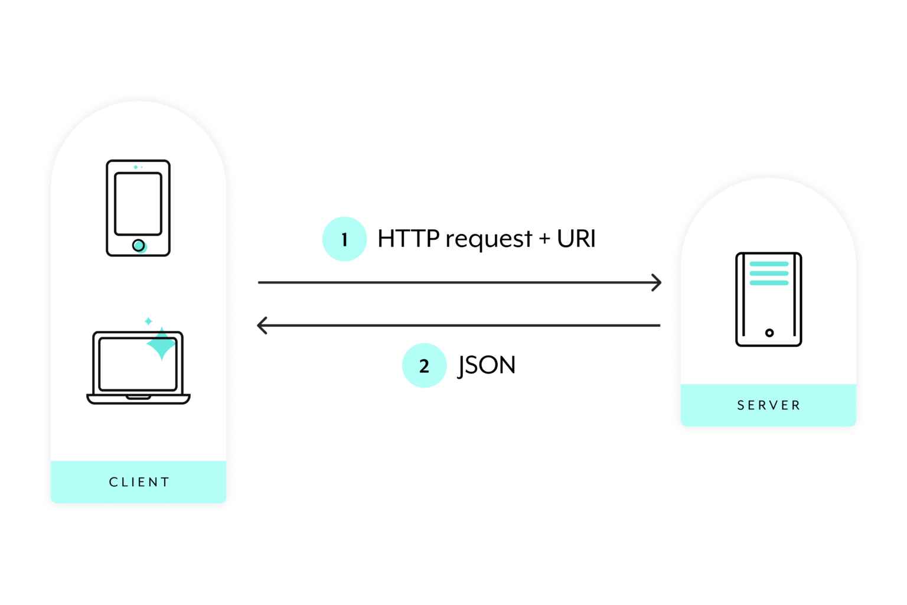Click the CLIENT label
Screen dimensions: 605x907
point(139,482)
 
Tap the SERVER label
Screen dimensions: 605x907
point(769,405)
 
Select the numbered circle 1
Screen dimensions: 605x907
point(344,239)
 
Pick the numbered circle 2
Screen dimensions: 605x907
point(424,366)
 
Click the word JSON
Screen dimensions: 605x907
point(487,365)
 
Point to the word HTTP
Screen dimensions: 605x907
point(408,239)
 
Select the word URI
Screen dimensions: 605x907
point(576,239)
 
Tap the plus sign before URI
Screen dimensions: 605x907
point(544,239)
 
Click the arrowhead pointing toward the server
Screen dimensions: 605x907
point(657,282)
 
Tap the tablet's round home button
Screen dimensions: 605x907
point(138,245)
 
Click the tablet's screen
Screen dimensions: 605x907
point(138,204)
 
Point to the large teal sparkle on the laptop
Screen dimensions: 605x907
point(161,344)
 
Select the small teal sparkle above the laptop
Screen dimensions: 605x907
point(149,321)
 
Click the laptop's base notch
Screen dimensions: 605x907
point(138,397)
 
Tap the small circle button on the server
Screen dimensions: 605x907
point(769,333)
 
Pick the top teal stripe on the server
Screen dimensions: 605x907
point(769,264)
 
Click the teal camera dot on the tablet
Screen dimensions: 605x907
point(136,167)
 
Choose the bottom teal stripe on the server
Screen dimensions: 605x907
point(769,283)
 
